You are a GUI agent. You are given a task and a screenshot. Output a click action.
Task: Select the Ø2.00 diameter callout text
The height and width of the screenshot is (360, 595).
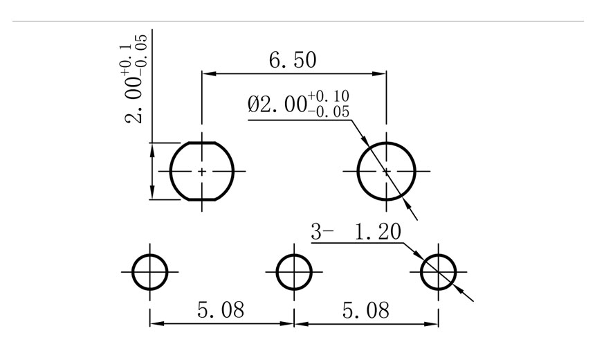[298, 105]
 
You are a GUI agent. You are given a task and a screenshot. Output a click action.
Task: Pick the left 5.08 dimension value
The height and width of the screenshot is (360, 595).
[221, 310]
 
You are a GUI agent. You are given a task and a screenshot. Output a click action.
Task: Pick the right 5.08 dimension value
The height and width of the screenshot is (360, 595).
[366, 310]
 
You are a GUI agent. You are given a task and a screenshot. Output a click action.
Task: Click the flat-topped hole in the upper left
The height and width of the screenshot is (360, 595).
[201, 170]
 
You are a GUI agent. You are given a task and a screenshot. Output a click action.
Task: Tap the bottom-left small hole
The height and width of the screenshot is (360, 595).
[149, 271]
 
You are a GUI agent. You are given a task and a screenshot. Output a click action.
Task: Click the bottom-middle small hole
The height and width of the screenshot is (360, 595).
[294, 271]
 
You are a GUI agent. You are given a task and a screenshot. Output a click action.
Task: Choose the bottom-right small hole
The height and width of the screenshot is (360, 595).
[439, 271]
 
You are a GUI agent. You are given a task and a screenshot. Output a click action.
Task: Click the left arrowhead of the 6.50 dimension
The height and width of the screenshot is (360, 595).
[208, 73]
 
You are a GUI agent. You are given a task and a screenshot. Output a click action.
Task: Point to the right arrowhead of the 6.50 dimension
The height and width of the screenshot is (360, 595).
[380, 73]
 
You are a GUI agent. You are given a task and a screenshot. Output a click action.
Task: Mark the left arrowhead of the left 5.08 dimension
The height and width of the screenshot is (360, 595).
[156, 323]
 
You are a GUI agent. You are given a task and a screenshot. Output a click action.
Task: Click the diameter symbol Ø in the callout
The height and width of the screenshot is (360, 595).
[253, 105]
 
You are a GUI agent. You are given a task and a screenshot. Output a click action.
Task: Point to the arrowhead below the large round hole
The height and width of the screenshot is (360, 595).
[409, 203]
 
